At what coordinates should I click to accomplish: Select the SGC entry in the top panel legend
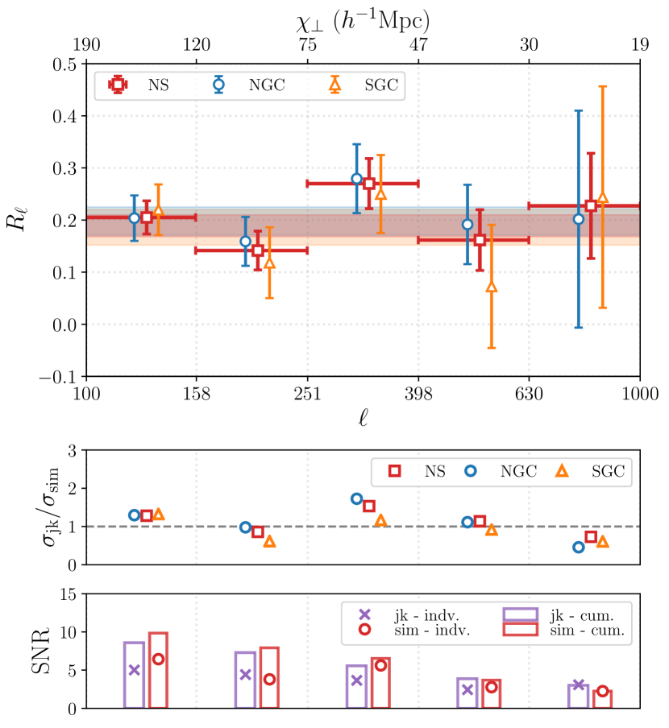[x=365, y=85]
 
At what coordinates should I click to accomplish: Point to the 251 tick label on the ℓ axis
[x=307, y=393]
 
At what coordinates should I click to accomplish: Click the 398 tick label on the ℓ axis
[x=418, y=393]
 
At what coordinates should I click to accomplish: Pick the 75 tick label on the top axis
[x=307, y=46]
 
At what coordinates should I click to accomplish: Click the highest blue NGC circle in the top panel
[x=357, y=179]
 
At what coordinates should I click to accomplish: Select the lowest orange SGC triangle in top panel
[x=492, y=287]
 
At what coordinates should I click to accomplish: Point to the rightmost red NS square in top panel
[x=591, y=206]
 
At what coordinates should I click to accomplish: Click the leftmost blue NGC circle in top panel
[x=135, y=218]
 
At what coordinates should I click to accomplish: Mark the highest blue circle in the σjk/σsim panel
[x=357, y=499]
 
